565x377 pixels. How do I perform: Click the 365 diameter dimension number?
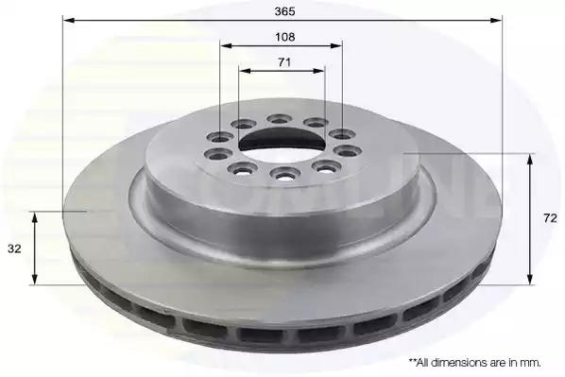pyautogui.click(x=284, y=11)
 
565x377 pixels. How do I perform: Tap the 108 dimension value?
pyautogui.click(x=284, y=37)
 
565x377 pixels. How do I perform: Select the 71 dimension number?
pyautogui.click(x=284, y=62)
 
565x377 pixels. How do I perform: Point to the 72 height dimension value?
pyautogui.click(x=550, y=218)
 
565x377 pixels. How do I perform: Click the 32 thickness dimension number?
pyautogui.click(x=14, y=248)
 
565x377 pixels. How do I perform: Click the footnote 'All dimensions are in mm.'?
pyautogui.click(x=475, y=362)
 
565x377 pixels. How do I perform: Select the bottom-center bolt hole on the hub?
pyautogui.click(x=285, y=173)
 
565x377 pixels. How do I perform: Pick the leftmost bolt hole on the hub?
pyautogui.click(x=217, y=154)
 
